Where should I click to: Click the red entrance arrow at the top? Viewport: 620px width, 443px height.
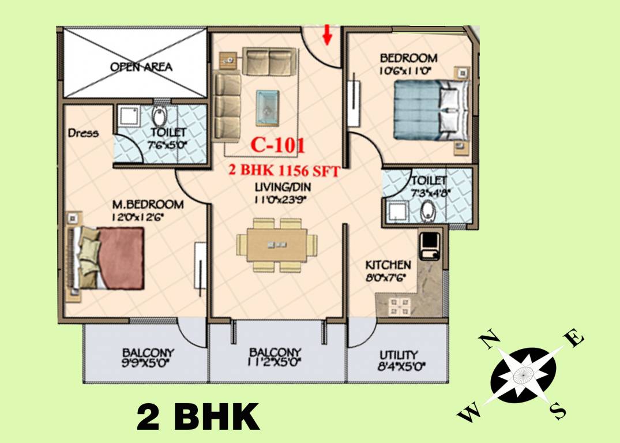tap(328, 34)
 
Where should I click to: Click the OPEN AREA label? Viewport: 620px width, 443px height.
tap(141, 67)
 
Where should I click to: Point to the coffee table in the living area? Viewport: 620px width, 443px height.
tap(267, 107)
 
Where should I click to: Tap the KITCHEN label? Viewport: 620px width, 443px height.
tap(388, 265)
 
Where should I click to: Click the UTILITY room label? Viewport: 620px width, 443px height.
tap(399, 355)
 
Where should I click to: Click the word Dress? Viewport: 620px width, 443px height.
tap(83, 133)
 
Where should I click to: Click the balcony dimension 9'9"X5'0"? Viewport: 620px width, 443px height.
tap(148, 363)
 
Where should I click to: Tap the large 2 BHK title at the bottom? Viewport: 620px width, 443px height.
tap(198, 416)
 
